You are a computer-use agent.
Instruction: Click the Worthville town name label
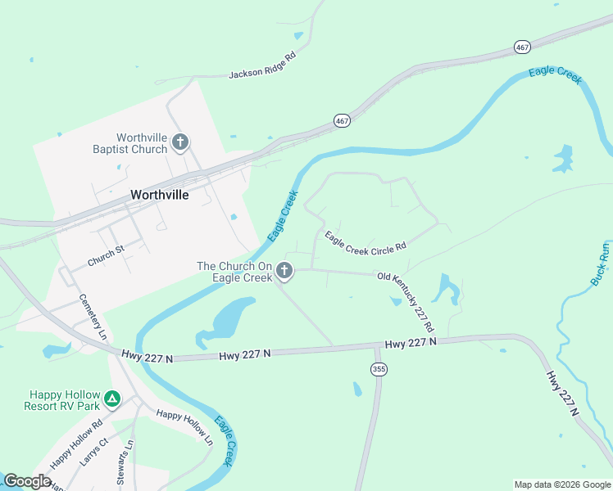tap(160, 196)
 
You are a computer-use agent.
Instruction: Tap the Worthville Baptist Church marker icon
tap(181, 143)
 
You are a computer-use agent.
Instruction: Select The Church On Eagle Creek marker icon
tap(284, 270)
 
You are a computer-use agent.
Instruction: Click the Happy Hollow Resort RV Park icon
tap(112, 399)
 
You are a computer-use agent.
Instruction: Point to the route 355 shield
tap(378, 369)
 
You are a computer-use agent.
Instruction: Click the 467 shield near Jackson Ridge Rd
tap(343, 120)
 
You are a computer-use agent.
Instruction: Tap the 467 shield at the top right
tap(523, 47)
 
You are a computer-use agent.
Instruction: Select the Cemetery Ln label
tap(93, 318)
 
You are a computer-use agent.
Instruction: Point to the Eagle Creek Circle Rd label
tap(366, 241)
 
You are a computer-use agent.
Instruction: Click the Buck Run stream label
tap(600, 264)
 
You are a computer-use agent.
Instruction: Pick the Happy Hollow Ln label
tap(185, 426)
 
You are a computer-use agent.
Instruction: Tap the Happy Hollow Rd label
tap(75, 445)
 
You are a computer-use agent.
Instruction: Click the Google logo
tap(28, 481)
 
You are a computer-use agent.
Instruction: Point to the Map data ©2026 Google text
tap(562, 484)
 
